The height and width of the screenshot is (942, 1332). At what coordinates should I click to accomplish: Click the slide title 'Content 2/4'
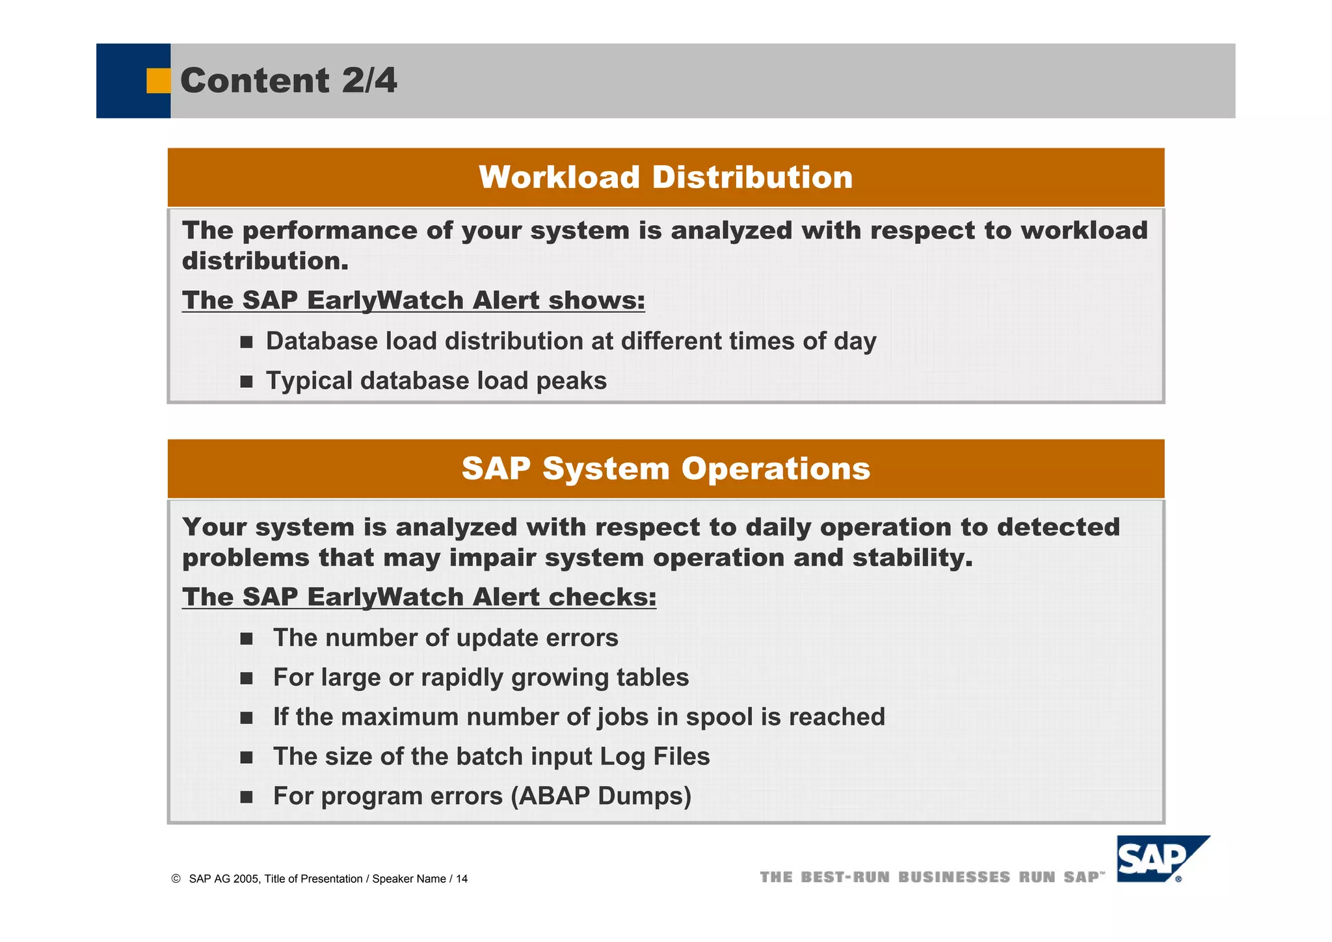point(288,81)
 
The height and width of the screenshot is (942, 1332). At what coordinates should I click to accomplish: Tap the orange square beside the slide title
point(158,81)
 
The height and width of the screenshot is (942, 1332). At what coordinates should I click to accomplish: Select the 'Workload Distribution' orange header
point(665,178)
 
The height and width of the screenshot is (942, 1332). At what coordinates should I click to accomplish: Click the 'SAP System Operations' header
point(665,469)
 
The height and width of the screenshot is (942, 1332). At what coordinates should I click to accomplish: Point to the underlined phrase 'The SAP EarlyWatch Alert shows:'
point(413,301)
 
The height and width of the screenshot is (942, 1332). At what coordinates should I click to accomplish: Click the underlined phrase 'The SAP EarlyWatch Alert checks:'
point(419,597)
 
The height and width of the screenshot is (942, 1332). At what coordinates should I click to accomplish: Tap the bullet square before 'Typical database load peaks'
point(246,381)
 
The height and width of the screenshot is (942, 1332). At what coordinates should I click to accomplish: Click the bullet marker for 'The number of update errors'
point(246,639)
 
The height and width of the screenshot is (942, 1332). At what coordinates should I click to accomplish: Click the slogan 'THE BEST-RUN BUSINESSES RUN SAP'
point(932,878)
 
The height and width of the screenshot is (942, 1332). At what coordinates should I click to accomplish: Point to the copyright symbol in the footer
point(176,879)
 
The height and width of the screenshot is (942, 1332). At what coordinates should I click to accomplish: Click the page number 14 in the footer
point(461,879)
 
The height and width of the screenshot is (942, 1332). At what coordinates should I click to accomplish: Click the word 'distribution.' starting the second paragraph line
point(265,262)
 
